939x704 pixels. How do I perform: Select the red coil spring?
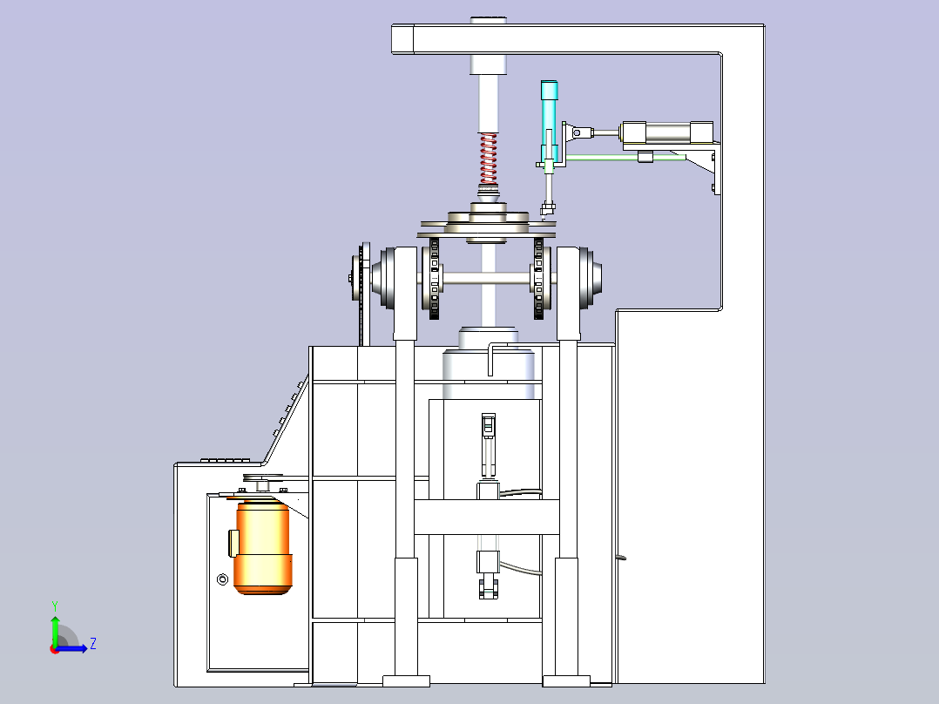click(x=489, y=159)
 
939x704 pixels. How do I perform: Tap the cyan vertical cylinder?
click(x=549, y=123)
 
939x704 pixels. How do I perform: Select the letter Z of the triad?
click(x=93, y=644)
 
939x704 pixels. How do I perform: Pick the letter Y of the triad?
click(x=55, y=606)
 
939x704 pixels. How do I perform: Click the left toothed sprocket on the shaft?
click(x=434, y=279)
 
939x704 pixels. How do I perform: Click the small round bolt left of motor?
click(x=222, y=579)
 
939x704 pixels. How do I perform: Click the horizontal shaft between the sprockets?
click(x=487, y=279)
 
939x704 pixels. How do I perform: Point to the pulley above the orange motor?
click(x=263, y=478)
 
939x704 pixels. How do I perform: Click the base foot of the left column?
click(x=406, y=680)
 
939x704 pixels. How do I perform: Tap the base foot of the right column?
click(x=566, y=680)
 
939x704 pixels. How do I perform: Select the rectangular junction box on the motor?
click(x=233, y=543)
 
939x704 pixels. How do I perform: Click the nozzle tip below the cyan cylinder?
click(x=547, y=209)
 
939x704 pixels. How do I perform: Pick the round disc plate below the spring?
click(x=487, y=225)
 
